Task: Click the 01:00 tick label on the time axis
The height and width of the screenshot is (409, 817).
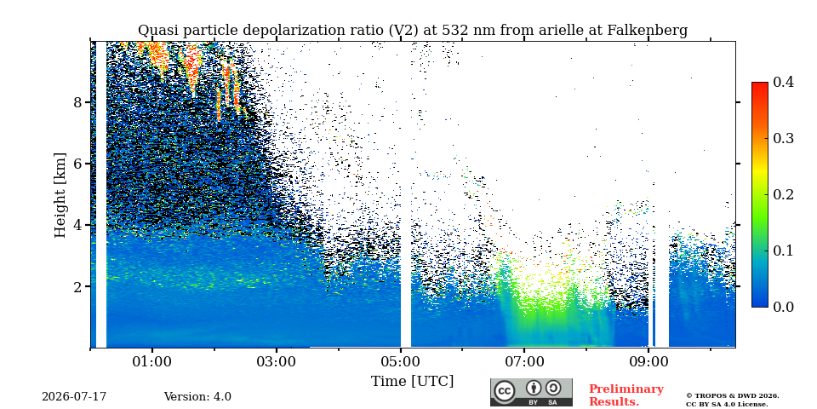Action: point(152,361)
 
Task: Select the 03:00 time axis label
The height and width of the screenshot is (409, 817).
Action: point(276,361)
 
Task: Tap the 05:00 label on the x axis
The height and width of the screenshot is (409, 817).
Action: point(400,361)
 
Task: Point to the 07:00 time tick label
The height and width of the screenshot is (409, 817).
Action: point(524,361)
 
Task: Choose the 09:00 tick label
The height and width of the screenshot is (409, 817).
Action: point(648,361)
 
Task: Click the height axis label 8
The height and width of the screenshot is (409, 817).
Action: point(78,102)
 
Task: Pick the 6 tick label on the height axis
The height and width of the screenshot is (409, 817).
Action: point(78,164)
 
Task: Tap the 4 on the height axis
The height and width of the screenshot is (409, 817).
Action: point(78,225)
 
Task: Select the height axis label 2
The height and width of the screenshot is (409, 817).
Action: point(78,286)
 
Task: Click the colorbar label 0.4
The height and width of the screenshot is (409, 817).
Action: point(783,82)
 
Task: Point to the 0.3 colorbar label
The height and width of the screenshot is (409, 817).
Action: point(783,138)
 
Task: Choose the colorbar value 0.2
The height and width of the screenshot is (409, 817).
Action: point(783,194)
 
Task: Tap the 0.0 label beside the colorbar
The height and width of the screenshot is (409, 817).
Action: point(783,307)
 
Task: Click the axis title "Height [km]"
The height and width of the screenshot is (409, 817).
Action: point(60,195)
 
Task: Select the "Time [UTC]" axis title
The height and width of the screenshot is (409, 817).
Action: point(412,382)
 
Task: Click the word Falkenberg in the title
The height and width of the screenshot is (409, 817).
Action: point(648,31)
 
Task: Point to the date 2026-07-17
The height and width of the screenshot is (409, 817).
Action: point(74,397)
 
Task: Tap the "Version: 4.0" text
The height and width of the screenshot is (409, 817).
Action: point(197,397)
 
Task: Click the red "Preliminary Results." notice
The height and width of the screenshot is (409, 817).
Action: point(626,395)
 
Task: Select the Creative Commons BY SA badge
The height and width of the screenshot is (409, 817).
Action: point(531,392)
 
